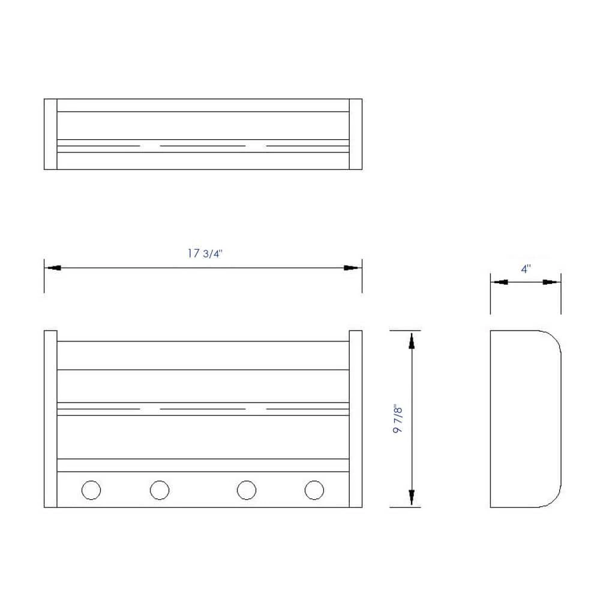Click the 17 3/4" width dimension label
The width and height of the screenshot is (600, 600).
(x=205, y=253)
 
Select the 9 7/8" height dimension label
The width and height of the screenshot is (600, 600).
(x=398, y=419)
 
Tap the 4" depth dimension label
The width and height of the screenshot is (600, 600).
(x=526, y=269)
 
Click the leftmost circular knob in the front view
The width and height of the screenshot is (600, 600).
(x=91, y=490)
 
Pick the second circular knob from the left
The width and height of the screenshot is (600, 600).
(x=159, y=490)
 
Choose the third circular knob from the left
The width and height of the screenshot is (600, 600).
(x=247, y=490)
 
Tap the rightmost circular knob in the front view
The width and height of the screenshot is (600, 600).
(x=314, y=490)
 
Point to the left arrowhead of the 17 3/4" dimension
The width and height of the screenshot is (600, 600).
(x=53, y=268)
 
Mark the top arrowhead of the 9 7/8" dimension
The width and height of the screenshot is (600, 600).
(x=412, y=340)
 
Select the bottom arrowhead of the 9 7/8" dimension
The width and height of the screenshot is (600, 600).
(x=412, y=497)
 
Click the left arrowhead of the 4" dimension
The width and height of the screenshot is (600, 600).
(x=499, y=282)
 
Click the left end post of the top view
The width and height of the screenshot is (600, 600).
(x=50, y=134)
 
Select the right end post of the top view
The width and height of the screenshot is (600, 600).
(x=355, y=134)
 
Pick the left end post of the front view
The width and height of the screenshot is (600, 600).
(x=50, y=419)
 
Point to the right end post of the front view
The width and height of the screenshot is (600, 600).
(x=355, y=419)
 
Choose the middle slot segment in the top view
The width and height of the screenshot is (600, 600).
(x=203, y=146)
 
